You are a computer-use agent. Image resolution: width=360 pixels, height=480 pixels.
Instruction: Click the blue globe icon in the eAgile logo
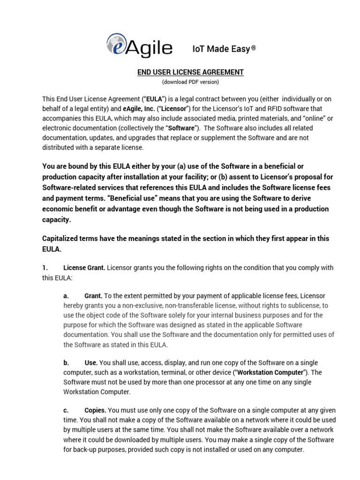(x=116, y=45)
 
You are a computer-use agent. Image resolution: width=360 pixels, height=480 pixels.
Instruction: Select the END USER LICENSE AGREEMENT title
(x=190, y=72)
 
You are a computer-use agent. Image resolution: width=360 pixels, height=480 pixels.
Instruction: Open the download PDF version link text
(x=190, y=82)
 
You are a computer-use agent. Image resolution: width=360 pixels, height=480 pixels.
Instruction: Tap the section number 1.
(x=45, y=268)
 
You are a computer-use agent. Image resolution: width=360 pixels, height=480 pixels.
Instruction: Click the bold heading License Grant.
(x=84, y=268)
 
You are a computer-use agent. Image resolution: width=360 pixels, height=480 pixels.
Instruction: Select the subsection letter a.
(x=66, y=296)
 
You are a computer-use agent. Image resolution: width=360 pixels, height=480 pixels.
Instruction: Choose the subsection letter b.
(x=66, y=363)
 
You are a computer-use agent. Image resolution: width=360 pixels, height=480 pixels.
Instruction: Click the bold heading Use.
(x=91, y=363)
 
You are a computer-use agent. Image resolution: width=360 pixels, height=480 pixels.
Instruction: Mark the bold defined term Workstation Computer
(x=270, y=373)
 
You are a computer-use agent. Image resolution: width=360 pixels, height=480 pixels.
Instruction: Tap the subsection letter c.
(x=66, y=410)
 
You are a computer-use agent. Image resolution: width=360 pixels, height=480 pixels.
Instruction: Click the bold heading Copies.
(x=96, y=410)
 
